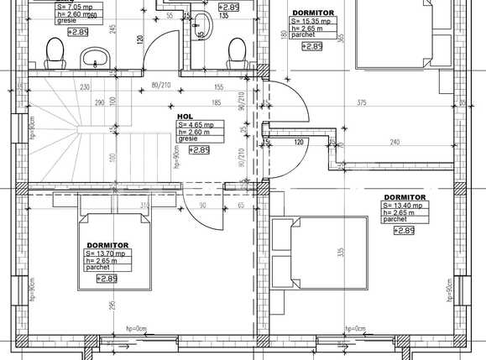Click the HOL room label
pos(185,117)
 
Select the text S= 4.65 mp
pos(195,125)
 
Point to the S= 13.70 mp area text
pos(105,253)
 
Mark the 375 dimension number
pos(361,103)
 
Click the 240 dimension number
pos(395,143)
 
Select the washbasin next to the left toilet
pos(93,58)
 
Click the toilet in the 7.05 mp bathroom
pos(55,54)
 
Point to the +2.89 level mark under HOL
pos(199,150)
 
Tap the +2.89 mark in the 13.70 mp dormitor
pos(107,279)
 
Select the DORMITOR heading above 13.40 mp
pos(404,197)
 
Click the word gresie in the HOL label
pos(187,138)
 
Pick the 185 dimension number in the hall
pos(217,103)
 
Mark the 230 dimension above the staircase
pos(85,86)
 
